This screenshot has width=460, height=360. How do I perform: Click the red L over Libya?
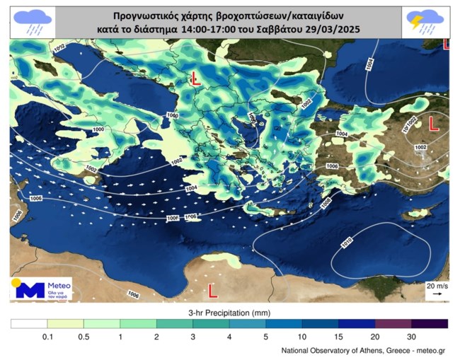tap(212, 289)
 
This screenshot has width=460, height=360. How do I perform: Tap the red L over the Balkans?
tap(197, 80)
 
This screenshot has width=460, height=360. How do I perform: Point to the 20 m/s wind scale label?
tap(436, 284)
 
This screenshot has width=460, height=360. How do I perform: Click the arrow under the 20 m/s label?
tap(437, 293)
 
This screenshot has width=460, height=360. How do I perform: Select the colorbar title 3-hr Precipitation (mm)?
tap(229, 311)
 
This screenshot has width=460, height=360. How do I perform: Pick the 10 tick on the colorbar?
tap(302, 337)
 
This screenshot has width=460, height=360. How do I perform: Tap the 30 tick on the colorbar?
tap(412, 337)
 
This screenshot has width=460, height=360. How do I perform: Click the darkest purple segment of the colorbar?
tap(430, 324)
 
